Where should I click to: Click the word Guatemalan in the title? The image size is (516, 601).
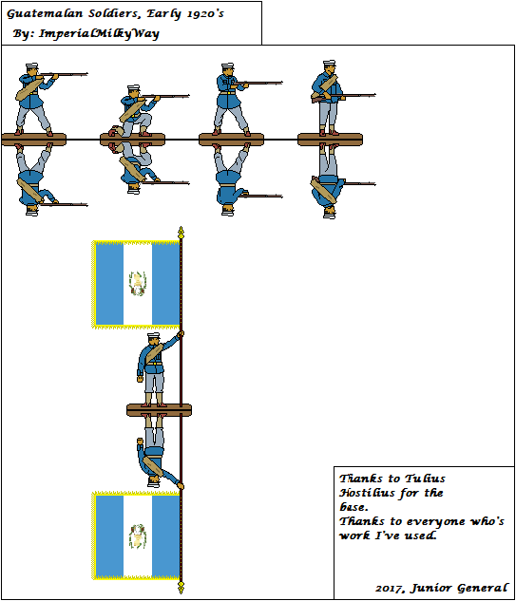(45, 14)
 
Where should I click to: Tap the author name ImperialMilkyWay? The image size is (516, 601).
(99, 34)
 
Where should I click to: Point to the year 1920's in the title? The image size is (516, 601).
(205, 14)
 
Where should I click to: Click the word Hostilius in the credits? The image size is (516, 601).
(367, 493)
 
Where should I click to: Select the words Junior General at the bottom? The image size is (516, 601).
(459, 588)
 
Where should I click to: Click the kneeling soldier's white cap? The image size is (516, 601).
(133, 87)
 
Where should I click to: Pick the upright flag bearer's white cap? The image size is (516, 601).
(153, 335)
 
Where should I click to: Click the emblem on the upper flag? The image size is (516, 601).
(138, 284)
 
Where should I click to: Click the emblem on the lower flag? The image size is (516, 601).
(138, 536)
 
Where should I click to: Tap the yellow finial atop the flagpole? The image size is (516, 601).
(182, 233)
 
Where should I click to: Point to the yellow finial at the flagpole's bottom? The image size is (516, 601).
(182, 587)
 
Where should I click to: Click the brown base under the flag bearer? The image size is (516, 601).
(159, 410)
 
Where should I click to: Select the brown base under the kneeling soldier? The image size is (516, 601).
(132, 140)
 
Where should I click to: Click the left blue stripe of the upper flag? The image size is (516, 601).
(109, 284)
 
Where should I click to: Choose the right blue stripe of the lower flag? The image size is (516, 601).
(165, 536)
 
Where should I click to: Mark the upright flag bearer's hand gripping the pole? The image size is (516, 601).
(181, 334)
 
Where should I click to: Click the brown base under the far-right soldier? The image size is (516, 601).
(330, 140)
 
